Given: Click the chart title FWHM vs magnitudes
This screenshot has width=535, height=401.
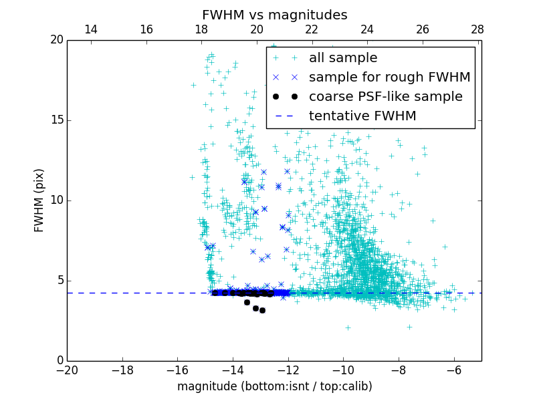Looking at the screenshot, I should click(274, 15).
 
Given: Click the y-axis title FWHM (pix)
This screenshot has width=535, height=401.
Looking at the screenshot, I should click(39, 200).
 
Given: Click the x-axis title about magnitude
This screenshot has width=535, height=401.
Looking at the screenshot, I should click(274, 386).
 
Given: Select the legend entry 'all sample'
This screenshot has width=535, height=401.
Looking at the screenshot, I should click(343, 58).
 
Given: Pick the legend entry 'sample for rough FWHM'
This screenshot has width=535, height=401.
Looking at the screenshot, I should click(389, 78).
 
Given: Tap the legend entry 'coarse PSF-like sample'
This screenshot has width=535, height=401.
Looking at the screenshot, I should click(385, 97).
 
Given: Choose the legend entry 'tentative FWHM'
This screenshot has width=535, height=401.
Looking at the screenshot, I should click(362, 116).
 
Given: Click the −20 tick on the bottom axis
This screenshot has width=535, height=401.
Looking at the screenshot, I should click(67, 370).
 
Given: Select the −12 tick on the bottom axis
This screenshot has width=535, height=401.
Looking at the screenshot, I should click(288, 370).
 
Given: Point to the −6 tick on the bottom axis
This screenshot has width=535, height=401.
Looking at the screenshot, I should click(454, 370).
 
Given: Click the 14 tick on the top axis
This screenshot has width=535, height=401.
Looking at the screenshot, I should click(91, 29).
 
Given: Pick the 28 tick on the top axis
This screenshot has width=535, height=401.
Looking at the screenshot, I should click(477, 29).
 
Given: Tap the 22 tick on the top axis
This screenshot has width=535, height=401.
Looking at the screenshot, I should click(312, 29).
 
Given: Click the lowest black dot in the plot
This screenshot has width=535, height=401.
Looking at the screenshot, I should click(262, 310).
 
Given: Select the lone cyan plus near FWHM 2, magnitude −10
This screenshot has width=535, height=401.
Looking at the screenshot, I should click(348, 327).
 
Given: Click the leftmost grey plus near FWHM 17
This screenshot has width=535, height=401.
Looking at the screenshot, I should click(193, 85).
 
